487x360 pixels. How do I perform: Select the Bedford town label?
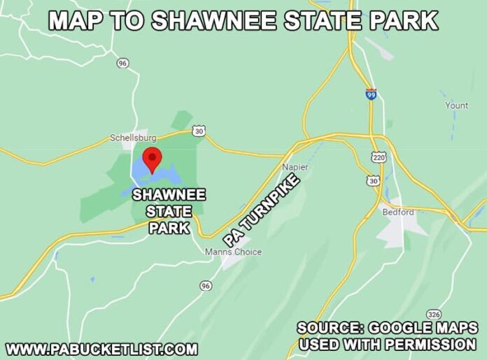[398, 212]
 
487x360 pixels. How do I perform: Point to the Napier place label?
[295, 167]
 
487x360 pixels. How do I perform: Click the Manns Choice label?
[233, 252]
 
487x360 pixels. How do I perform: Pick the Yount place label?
[456, 106]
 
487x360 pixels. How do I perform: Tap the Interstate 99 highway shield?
[370, 94]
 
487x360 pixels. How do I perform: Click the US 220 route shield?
[379, 159]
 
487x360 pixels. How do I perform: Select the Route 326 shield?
[434, 314]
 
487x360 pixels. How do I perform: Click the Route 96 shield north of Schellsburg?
[123, 64]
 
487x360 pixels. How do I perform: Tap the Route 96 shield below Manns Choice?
[205, 286]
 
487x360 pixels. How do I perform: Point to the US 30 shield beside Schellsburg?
[199, 131]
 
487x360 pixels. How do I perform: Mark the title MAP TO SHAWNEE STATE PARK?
[243, 20]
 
